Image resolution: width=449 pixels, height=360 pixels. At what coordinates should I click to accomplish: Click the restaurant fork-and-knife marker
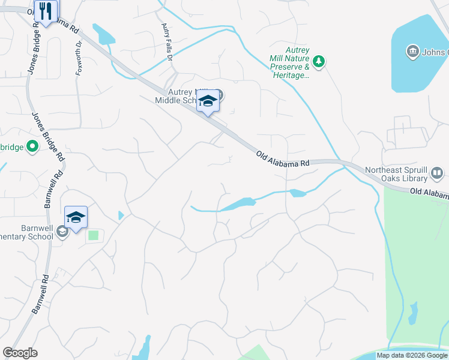click(x=46, y=11)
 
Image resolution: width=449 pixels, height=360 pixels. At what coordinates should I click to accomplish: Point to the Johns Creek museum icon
click(x=412, y=52)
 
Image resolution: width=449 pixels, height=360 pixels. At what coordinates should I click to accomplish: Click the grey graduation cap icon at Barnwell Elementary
click(x=61, y=231)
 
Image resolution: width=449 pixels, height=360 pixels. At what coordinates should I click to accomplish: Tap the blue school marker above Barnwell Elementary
click(x=76, y=217)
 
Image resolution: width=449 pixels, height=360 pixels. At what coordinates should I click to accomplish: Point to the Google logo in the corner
click(x=20, y=353)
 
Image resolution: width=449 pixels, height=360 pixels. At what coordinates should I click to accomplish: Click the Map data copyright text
click(x=412, y=355)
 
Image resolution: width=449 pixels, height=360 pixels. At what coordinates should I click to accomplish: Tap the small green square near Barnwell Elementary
click(x=93, y=235)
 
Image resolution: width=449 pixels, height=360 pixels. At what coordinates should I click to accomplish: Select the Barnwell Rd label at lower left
click(x=40, y=296)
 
